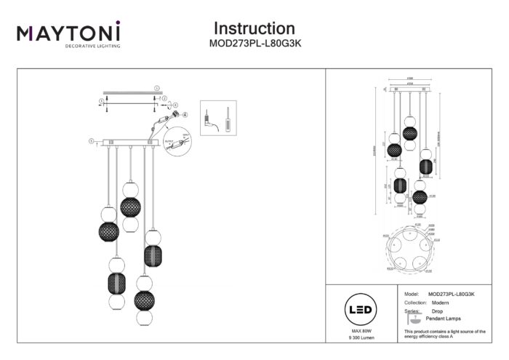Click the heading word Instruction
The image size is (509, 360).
(x=254, y=28)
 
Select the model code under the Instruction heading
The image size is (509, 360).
(x=254, y=42)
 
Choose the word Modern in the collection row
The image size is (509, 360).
(x=438, y=302)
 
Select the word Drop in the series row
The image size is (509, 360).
(x=437, y=311)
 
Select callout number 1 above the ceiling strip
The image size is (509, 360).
(x=156, y=87)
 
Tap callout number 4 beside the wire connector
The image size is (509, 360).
(x=184, y=114)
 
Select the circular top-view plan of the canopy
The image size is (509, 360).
(x=412, y=248)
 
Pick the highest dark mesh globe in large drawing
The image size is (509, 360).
(x=131, y=206)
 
